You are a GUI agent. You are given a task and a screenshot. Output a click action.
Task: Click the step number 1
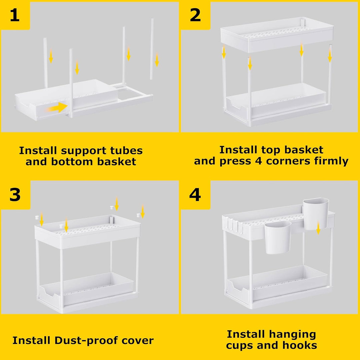point(15,15)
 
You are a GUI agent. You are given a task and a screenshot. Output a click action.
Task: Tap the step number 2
point(195,15)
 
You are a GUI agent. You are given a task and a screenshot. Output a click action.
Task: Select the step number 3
point(15,195)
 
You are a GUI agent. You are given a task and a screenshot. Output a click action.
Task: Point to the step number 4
point(195,195)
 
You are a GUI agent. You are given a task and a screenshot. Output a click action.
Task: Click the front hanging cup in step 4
point(278,237)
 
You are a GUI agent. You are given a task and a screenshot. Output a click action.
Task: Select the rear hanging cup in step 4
point(316,214)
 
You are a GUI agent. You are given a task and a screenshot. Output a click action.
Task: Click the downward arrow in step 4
point(318,228)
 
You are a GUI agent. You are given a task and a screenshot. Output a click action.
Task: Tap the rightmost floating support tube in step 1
point(152,49)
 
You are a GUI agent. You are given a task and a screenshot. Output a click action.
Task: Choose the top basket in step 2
point(277,34)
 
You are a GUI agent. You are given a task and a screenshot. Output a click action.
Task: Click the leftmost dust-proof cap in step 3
point(36,217)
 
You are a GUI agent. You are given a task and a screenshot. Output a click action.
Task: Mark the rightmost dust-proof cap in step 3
point(138,215)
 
